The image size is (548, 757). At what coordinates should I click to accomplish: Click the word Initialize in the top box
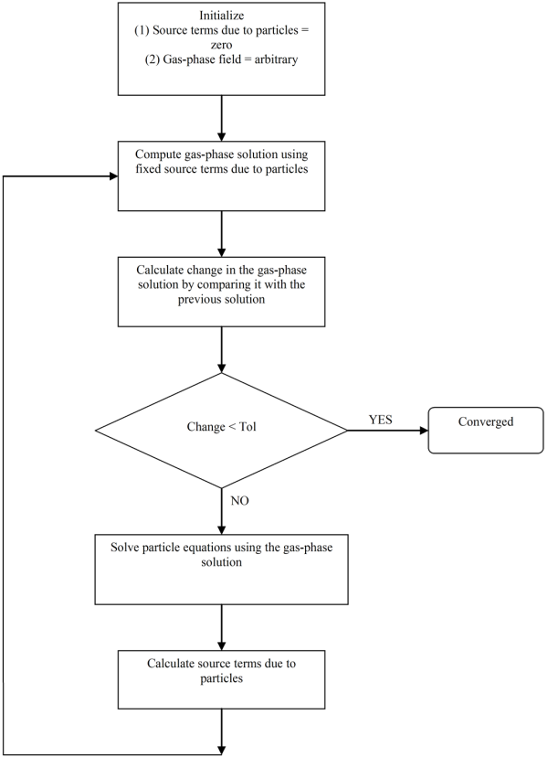point(222,16)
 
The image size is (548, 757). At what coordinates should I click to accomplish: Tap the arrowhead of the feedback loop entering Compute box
point(113,175)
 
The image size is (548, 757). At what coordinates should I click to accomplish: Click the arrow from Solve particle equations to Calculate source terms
point(222,626)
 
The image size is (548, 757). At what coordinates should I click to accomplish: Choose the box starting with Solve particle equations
point(222,567)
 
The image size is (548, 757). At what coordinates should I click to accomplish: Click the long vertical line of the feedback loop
point(5,457)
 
